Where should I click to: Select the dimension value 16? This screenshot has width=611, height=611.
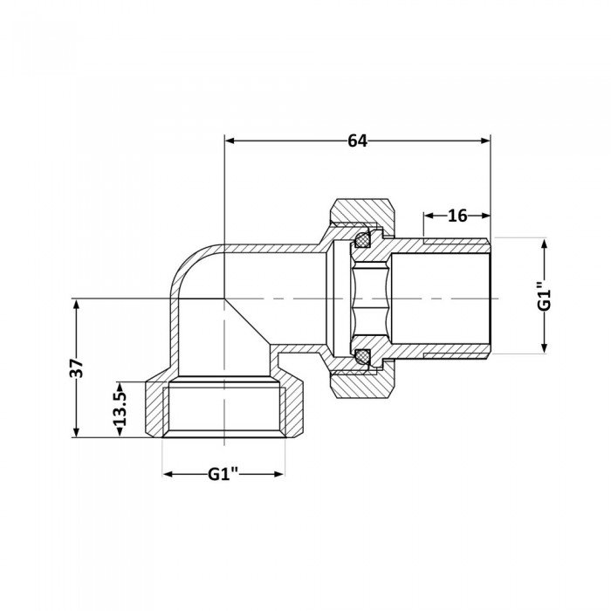457,216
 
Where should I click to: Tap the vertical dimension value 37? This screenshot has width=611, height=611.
77,367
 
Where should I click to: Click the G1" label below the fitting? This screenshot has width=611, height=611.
223,475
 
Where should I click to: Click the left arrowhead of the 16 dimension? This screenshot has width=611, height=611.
429,215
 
